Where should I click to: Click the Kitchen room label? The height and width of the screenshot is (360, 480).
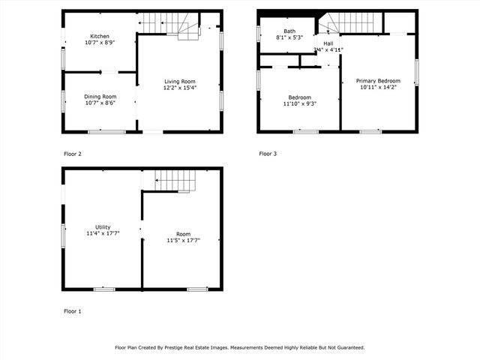100,36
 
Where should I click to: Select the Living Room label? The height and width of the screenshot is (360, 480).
180,81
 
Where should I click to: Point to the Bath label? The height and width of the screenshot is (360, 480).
289,31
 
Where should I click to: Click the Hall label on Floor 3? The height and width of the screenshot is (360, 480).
328,43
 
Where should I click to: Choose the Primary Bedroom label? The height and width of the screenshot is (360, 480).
378,81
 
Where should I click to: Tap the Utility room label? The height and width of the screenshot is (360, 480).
103,226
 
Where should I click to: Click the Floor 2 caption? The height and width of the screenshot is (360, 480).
73,154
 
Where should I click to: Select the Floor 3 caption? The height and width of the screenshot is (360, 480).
268,154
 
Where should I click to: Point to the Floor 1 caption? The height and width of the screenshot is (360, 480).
73,310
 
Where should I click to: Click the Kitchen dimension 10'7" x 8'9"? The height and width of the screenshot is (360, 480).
100,43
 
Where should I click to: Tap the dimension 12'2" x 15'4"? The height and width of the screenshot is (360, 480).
180,88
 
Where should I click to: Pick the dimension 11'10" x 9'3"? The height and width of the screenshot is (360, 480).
299,103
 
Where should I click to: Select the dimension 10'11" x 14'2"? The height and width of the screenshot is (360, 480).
378,88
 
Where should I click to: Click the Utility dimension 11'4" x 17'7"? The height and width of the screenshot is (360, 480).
103,233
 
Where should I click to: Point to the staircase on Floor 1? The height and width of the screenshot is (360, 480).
175,180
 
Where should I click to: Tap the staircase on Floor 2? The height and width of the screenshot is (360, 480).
172,25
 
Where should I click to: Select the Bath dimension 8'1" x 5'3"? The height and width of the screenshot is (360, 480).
289,37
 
